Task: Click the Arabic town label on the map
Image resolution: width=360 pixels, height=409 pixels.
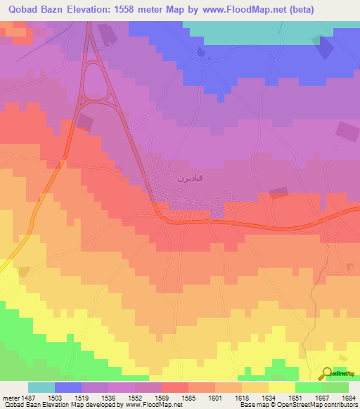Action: click(x=188, y=179)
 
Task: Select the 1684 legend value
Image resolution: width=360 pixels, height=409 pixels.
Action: click(x=347, y=398)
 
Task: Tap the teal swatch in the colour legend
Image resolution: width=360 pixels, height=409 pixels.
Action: click(x=41, y=387)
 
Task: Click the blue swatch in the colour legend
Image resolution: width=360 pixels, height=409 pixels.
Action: click(x=68, y=387)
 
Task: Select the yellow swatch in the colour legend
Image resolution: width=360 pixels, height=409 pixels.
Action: click(x=281, y=387)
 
